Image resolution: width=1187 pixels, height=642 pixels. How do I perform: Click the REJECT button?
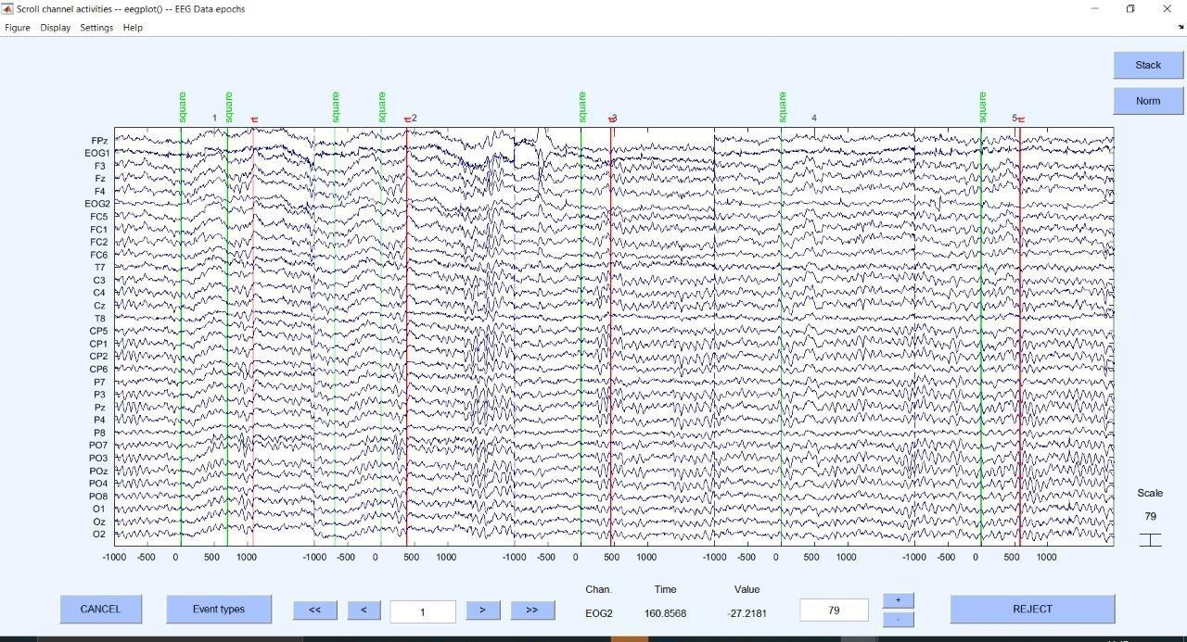tap(1032, 609)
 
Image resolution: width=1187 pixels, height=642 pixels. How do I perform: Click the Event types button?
tap(219, 609)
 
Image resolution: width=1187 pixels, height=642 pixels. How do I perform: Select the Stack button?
tap(1148, 65)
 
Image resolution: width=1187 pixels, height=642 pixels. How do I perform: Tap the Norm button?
tap(1148, 100)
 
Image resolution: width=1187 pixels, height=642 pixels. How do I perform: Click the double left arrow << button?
tap(314, 610)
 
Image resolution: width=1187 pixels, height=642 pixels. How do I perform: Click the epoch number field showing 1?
tap(423, 611)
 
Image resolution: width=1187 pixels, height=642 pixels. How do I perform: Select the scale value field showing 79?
tap(834, 610)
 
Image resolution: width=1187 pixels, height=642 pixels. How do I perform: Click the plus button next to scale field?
tap(898, 600)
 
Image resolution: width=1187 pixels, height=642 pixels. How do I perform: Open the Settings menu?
tap(96, 28)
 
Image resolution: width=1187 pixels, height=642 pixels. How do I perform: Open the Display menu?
tap(56, 28)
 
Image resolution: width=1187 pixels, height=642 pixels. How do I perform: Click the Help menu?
tap(133, 28)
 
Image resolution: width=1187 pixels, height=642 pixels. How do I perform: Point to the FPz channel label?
tap(99, 141)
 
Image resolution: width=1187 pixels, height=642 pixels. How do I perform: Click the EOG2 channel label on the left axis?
tap(97, 204)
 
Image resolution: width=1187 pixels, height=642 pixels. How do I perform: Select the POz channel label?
tap(98, 471)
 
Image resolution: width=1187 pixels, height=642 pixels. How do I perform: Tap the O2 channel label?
tap(98, 535)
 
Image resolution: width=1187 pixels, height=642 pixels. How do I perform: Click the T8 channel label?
tap(99, 319)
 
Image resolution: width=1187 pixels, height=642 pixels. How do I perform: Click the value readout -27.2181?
tap(747, 613)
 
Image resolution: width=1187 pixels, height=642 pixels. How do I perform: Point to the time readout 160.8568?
tap(665, 613)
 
